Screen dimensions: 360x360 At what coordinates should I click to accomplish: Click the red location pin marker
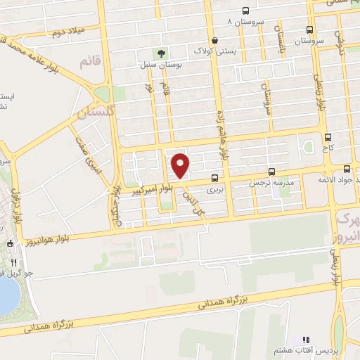[181, 165]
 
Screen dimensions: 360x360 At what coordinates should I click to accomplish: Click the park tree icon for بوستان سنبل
[162, 53]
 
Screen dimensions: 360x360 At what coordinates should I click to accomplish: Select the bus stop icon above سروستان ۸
[245, 11]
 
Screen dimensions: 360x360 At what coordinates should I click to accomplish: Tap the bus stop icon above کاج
[328, 137]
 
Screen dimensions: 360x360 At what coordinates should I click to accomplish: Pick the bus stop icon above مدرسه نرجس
[272, 171]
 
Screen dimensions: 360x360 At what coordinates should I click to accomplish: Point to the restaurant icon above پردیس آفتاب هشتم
[306, 340]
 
